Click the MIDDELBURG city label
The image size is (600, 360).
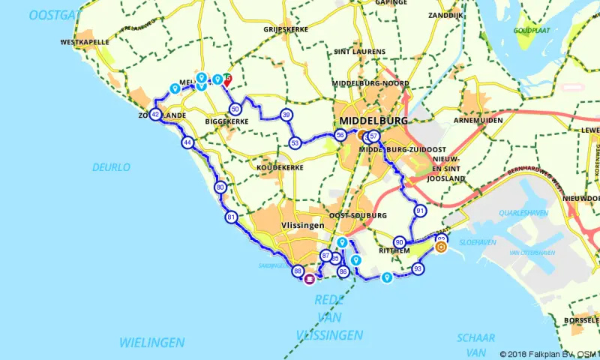click(x=373, y=120)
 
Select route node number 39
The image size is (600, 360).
click(x=286, y=115)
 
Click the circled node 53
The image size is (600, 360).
click(x=295, y=142)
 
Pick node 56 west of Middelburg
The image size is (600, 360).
click(x=340, y=135)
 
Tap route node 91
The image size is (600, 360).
click(x=420, y=211)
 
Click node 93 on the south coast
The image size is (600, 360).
click(x=418, y=268)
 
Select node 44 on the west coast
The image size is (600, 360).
click(x=187, y=142)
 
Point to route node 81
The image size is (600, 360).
click(x=230, y=217)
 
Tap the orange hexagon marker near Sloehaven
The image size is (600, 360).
click(x=441, y=245)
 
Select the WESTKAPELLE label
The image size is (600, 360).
click(x=85, y=43)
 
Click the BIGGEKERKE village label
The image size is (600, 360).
click(x=226, y=120)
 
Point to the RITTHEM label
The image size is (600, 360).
click(x=395, y=251)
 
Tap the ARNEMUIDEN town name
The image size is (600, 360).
click(x=478, y=120)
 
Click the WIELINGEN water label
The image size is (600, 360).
click(x=151, y=342)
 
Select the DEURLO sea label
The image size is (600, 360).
click(x=111, y=166)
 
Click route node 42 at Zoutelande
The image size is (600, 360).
click(x=155, y=115)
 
